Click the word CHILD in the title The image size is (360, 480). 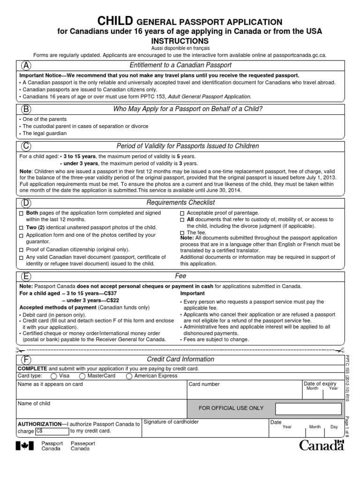(115, 21)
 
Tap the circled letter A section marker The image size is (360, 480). (27, 65)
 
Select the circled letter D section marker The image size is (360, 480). (27, 202)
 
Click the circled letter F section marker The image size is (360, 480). (27, 360)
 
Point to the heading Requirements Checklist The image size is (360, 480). (180, 202)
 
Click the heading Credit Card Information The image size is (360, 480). (180, 360)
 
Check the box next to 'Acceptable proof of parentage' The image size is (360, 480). (182, 213)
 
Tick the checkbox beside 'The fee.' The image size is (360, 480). (182, 233)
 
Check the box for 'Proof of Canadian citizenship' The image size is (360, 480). (21, 250)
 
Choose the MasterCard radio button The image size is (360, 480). (82, 376)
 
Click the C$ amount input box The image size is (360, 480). (52, 431)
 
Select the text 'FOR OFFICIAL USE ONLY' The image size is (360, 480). (231, 408)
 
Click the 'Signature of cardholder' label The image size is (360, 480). (171, 422)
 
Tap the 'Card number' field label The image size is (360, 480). (204, 384)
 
